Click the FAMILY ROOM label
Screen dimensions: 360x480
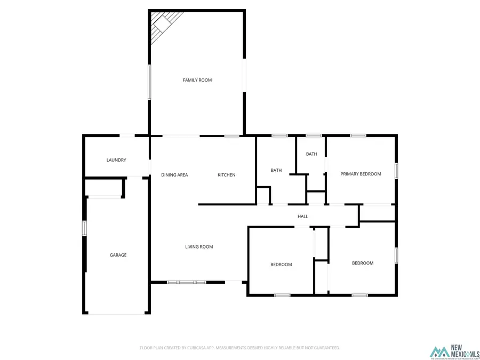[x=197, y=80]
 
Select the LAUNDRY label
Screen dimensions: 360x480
[x=116, y=160]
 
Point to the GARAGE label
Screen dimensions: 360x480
[x=118, y=255]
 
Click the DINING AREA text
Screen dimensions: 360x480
[x=174, y=175]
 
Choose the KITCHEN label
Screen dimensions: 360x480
[x=226, y=175]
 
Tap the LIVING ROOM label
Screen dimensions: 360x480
[x=199, y=247]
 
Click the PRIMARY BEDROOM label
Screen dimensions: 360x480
[x=361, y=174]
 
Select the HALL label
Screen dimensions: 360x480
[x=303, y=217]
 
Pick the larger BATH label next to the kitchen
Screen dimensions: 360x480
[x=276, y=171]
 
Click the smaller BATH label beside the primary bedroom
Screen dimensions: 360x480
[x=311, y=154]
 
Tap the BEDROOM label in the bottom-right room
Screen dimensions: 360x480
[x=363, y=263]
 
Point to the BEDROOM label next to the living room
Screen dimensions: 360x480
[x=281, y=265]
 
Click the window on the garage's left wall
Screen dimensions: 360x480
[x=84, y=228]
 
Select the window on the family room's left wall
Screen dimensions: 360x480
[x=149, y=82]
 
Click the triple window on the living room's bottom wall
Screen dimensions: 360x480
[x=187, y=282]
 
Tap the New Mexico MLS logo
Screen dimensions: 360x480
[x=455, y=352]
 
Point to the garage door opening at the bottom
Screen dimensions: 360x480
[x=116, y=314]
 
